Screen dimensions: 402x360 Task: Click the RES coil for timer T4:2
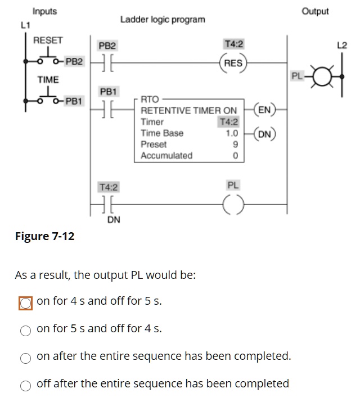(x=233, y=63)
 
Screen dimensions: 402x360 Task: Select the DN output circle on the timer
(x=264, y=134)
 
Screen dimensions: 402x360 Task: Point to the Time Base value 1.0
(x=232, y=133)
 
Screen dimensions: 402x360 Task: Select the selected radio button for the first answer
(x=25, y=303)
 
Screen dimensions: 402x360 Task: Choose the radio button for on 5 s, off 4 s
(x=25, y=331)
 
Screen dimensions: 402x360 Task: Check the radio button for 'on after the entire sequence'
(x=25, y=358)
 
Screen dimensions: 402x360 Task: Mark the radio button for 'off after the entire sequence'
(x=25, y=386)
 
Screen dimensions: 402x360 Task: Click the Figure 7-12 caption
(x=44, y=236)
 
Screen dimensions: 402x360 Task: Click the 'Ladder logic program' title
(x=163, y=20)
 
